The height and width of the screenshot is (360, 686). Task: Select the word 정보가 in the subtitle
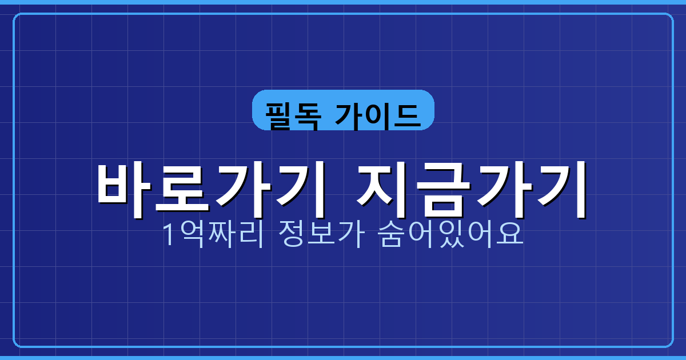[320, 234]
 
